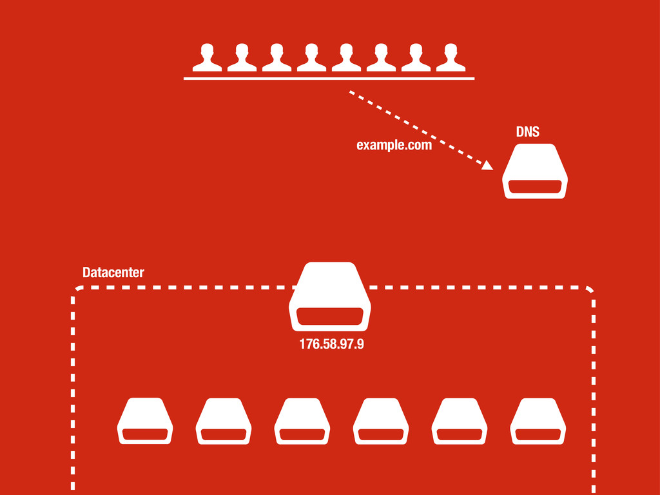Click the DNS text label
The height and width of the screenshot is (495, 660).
tap(527, 132)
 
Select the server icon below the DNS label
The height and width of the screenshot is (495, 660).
tap(534, 171)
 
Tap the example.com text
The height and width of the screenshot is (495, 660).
tap(394, 146)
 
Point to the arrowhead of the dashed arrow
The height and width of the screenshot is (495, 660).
tap(487, 166)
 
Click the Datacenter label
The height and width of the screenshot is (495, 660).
tap(113, 273)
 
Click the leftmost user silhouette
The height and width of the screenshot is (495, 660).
tap(207, 58)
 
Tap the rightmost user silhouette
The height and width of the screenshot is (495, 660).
tap(451, 58)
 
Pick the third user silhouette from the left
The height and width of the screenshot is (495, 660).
tap(277, 58)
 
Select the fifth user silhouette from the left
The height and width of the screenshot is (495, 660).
tap(346, 58)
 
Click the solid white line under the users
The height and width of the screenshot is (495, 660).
tap(329, 78)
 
